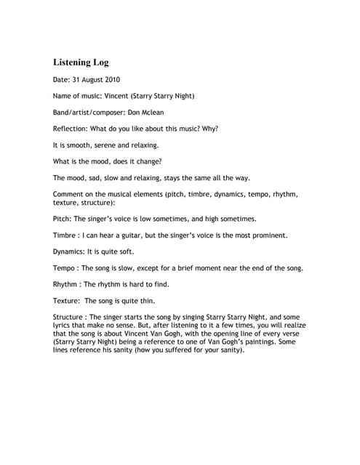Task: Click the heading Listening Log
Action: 81,62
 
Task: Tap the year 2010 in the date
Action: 111,80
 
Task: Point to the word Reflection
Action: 73,129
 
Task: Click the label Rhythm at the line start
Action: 68,284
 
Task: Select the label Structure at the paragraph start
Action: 71,318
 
